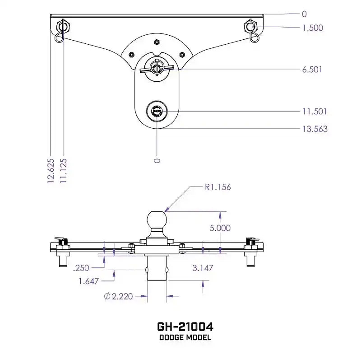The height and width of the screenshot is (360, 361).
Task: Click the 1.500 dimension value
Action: (312, 28)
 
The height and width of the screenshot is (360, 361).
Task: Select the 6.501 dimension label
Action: (312, 70)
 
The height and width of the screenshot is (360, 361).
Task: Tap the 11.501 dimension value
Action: (315, 112)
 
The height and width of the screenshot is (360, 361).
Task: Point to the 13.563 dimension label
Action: (315, 129)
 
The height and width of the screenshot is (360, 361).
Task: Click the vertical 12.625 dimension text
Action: (51, 171)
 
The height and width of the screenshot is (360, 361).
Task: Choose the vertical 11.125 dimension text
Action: (63, 171)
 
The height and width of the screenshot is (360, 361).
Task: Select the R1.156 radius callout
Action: (218, 187)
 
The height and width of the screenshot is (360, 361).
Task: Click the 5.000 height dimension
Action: (220, 229)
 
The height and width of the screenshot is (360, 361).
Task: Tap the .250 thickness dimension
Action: (82, 268)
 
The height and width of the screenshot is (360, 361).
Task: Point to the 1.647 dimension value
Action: (88, 281)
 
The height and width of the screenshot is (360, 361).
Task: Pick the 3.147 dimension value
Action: (203, 268)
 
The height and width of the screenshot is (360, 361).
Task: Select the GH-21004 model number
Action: (185, 326)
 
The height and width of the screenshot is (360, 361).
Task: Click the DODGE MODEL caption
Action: (185, 337)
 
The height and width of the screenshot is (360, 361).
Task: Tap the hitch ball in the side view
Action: (157, 220)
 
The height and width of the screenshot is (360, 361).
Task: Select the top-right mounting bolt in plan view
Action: (251, 26)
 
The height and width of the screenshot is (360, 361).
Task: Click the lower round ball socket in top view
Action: (157, 110)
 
